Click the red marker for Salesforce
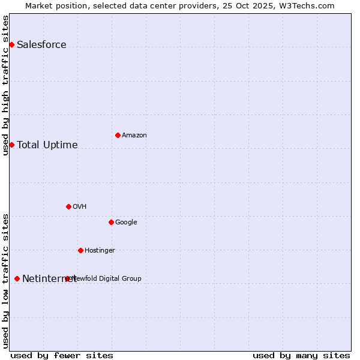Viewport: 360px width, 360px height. (x=11, y=44)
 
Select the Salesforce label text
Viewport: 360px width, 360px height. (x=41, y=45)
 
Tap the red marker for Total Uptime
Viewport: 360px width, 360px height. (x=11, y=145)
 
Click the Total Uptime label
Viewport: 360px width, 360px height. (x=47, y=145)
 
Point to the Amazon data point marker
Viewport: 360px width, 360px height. (x=118, y=135)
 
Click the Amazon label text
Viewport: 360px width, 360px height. (x=134, y=136)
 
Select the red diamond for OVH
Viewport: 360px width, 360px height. (x=68, y=206)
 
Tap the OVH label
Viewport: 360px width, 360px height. (x=80, y=207)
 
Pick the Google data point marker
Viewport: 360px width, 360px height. (x=111, y=222)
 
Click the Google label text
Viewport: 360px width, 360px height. (x=126, y=223)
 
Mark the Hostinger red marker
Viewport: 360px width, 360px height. (x=80, y=250)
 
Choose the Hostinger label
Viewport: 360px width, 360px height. (x=100, y=251)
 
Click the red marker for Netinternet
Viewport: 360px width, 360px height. (x=17, y=278)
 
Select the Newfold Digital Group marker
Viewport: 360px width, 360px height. (x=67, y=278)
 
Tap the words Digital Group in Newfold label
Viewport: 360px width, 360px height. (x=120, y=278)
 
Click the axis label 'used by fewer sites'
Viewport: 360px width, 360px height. (x=62, y=355)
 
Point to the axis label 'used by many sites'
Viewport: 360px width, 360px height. (x=301, y=355)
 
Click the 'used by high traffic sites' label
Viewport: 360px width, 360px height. (x=5, y=85)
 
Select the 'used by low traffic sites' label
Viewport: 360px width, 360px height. (x=5, y=281)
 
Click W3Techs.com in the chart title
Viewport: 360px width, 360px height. (x=305, y=5)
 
